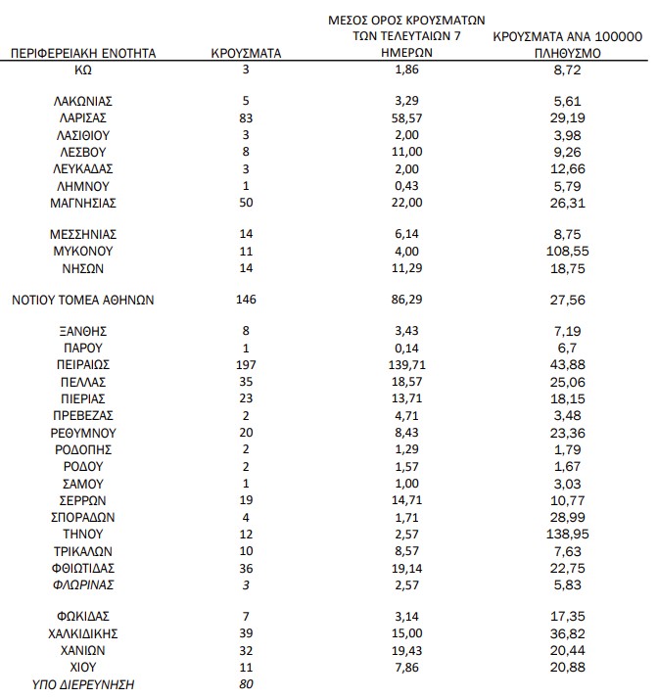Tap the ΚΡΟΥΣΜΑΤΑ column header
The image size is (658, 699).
click(x=246, y=54)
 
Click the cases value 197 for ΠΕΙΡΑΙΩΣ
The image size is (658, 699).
click(x=246, y=363)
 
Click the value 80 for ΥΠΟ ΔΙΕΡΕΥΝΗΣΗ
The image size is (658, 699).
click(x=246, y=684)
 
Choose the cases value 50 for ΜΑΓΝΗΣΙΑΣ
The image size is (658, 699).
click(x=246, y=203)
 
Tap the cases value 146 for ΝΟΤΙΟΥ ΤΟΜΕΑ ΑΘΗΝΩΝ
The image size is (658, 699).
click(x=246, y=300)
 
